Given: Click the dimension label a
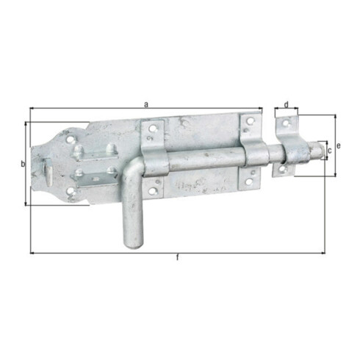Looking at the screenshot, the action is click(x=146, y=104).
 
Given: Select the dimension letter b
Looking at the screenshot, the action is click(x=23, y=164).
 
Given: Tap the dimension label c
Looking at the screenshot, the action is click(x=330, y=151).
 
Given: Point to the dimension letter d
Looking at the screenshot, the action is click(x=287, y=104).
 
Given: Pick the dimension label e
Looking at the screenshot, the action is click(x=339, y=146).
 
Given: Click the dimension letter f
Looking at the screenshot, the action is click(x=178, y=258).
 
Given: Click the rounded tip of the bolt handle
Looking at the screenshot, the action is click(x=134, y=245).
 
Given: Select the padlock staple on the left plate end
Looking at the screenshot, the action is click(x=48, y=171).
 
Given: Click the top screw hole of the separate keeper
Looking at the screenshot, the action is click(x=286, y=123).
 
